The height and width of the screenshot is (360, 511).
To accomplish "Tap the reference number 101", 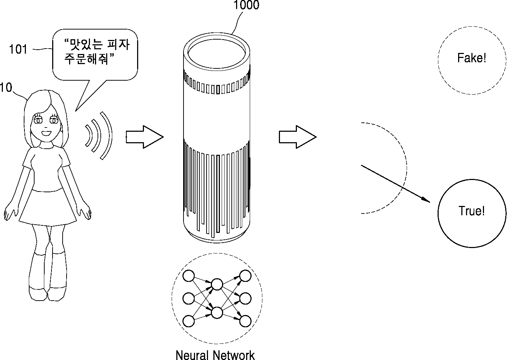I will tap(18, 49).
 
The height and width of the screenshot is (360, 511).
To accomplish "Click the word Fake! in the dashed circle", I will tap(471, 58).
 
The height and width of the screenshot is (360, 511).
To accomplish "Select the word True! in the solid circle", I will tap(472, 211).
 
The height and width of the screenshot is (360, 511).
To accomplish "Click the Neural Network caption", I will tap(215, 355).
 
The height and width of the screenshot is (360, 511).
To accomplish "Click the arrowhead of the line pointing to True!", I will tap(426, 200).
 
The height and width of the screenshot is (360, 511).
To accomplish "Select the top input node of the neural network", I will tap(189, 276).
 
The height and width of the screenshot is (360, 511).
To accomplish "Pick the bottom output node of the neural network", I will tap(245, 321).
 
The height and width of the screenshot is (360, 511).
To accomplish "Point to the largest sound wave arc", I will tap(107, 135).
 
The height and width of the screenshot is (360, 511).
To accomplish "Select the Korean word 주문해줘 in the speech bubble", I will tap(86, 59).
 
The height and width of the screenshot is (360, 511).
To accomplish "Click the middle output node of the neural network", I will tap(245, 298).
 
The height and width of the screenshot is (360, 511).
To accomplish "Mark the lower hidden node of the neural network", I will tap(217, 312).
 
